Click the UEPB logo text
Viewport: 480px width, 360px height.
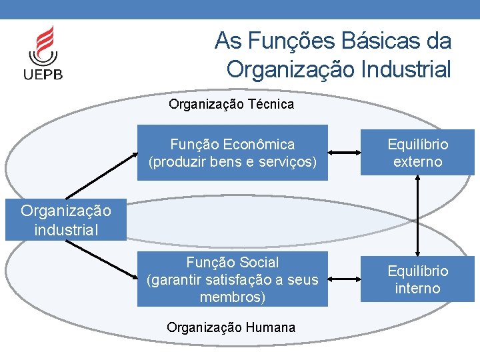tap(43, 74)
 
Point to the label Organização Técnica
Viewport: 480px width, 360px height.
tap(231, 105)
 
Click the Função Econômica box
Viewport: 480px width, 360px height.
tap(232, 153)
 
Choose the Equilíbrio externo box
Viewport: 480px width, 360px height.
tap(417, 153)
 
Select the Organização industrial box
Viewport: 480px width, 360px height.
tap(65, 221)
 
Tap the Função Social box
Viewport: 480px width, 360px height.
tap(232, 279)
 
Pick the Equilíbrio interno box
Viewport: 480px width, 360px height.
tap(417, 279)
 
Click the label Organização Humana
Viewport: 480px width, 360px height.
tap(231, 327)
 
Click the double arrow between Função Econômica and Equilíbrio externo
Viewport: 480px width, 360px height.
tap(344, 153)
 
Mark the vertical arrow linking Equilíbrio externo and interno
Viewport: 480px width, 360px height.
tap(418, 217)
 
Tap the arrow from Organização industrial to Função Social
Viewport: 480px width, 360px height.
tap(101, 257)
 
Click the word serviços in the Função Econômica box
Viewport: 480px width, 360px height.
tap(288, 162)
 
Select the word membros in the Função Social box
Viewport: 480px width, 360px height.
tap(232, 297)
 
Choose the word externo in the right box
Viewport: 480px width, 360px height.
tap(417, 162)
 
